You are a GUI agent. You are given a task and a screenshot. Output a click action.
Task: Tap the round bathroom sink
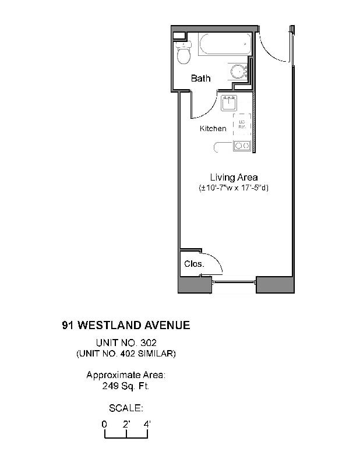pos(238,72)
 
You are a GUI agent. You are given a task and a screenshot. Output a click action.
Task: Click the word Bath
pos(201,78)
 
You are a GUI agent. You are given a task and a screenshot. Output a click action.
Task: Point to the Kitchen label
pos(213,128)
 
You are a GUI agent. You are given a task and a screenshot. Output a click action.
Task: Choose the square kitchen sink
pos(228,103)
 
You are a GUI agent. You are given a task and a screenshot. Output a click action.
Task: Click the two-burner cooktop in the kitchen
pos(241,146)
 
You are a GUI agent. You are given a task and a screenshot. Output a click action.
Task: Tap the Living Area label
pos(234,177)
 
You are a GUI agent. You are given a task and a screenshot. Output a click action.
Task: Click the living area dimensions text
pos(234,188)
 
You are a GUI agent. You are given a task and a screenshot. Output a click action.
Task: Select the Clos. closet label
pos(193,264)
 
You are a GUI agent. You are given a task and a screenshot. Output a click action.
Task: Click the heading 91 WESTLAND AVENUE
pos(126,325)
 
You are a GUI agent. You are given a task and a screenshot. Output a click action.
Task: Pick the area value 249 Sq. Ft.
pos(126,386)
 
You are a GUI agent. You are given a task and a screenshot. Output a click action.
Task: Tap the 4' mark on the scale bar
pos(147,424)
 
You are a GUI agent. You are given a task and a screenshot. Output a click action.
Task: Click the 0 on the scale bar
pos(104,424)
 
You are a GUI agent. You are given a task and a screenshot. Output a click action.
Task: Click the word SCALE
pos(126,408)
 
